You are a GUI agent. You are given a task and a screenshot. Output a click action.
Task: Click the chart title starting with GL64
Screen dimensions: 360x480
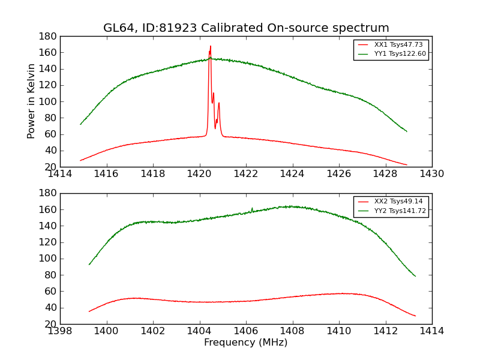pos(246,28)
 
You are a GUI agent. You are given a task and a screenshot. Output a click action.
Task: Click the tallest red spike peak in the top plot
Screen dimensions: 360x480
pos(211,46)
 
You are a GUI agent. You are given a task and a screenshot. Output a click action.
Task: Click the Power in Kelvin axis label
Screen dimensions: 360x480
pos(32,101)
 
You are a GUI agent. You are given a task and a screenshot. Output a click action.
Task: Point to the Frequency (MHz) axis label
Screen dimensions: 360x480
pos(246,343)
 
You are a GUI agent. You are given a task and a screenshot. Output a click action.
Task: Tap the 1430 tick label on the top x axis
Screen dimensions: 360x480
pos(432,174)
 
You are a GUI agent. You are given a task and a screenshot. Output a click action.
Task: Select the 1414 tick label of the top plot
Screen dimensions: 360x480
pos(60,174)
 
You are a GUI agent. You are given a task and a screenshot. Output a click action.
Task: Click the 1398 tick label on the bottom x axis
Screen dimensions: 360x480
pos(60,331)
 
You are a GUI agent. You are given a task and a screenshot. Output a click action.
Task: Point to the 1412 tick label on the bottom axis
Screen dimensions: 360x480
pos(385,331)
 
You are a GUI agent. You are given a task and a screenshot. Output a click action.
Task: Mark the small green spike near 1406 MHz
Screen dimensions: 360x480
pos(252,208)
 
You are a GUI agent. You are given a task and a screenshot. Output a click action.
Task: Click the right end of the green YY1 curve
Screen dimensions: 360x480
pos(407,131)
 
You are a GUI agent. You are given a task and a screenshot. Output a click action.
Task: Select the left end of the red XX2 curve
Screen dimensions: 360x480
pos(89,311)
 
